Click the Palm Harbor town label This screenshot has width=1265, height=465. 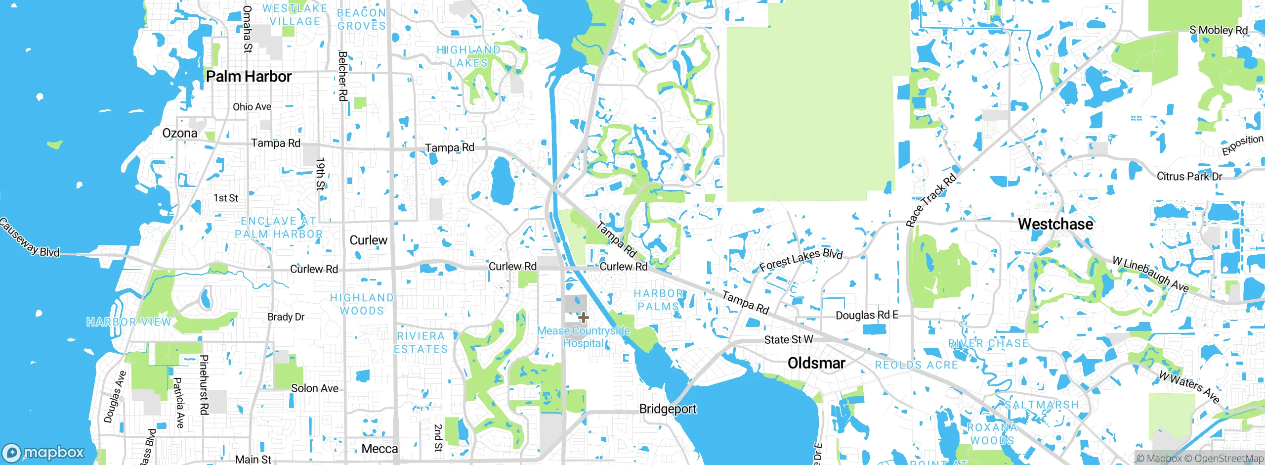tap(249, 77)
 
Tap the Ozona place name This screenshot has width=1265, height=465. tap(180, 133)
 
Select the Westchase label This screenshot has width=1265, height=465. tap(1055, 224)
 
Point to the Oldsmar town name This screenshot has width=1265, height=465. tap(816, 363)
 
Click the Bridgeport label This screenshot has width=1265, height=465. tap(668, 409)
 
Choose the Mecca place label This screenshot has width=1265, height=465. tap(379, 449)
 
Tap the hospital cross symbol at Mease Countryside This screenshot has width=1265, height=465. tap(583, 318)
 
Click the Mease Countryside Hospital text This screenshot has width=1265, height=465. tap(583, 337)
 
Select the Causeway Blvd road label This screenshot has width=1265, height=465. tap(30, 237)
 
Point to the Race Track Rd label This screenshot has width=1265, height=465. tap(931, 201)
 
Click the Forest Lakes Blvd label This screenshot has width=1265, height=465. tap(801, 259)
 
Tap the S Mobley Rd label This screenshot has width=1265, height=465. tap(1219, 30)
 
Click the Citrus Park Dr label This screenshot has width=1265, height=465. tap(1189, 177)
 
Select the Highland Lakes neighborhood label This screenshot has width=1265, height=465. tap(468, 56)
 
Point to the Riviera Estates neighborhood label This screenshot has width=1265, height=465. tap(421, 342)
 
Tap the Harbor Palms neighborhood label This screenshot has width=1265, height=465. tap(658, 300)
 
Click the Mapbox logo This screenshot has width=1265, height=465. tap(43, 452)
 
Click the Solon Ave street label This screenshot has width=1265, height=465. tap(315, 388)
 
